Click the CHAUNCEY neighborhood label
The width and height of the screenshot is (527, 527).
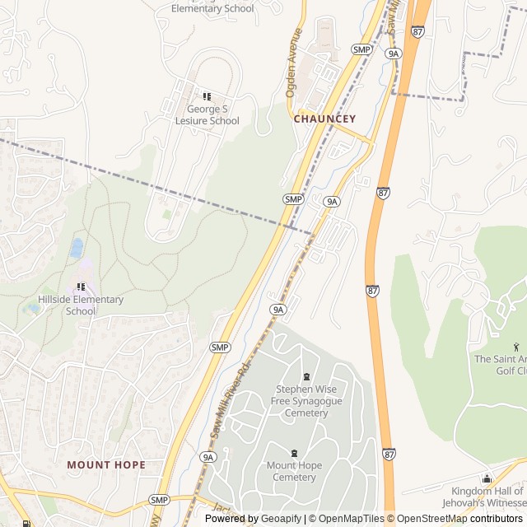point(325,119)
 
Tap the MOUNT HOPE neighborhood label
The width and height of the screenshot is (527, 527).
point(106,464)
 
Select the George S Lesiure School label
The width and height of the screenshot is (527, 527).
point(208,114)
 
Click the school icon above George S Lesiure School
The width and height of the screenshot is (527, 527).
point(207,96)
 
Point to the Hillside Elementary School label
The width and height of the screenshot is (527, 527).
point(81,305)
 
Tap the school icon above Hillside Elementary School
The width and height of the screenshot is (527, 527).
point(81,287)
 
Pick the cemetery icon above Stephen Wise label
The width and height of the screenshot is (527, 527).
point(306,376)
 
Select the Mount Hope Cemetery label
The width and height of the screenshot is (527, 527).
point(294,472)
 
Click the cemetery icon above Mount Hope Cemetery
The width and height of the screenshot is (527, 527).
point(294,453)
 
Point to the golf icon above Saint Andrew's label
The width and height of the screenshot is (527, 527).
point(516,346)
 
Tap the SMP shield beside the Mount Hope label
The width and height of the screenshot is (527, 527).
point(159,500)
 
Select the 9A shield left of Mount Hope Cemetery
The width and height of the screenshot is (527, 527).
point(207,456)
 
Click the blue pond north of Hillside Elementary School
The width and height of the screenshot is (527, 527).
point(77,247)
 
